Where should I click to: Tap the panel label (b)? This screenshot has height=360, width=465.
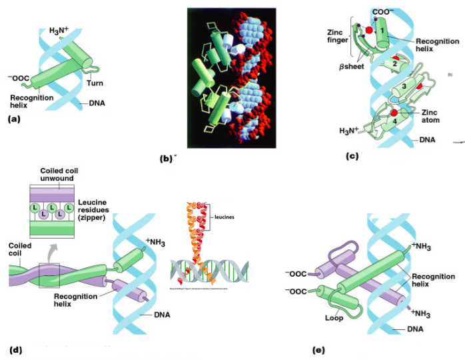coord(167,159)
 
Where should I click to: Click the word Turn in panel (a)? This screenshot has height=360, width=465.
coord(95,83)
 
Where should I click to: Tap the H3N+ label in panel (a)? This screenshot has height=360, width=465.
coord(60,31)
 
